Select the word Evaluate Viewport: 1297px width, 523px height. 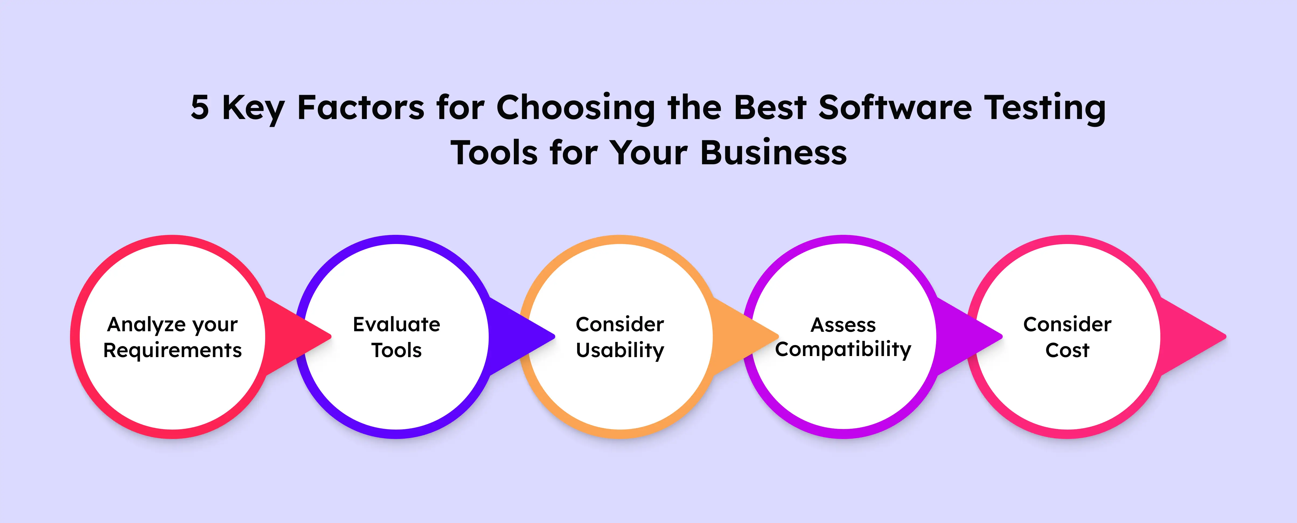[x=396, y=325]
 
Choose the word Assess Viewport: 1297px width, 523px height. [x=843, y=325]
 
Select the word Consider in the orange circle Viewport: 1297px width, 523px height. [x=620, y=325]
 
